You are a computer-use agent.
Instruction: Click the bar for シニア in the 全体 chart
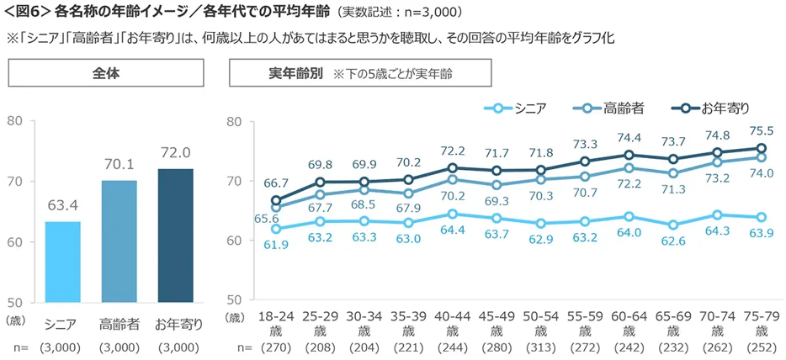pyautogui.click(x=62, y=261)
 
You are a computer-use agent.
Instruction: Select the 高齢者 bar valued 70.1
pyautogui.click(x=119, y=241)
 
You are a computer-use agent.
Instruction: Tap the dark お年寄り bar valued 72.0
pyautogui.click(x=175, y=235)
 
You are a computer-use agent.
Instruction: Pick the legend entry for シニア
pyautogui.click(x=516, y=108)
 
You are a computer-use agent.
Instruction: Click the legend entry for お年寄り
pyautogui.click(x=711, y=108)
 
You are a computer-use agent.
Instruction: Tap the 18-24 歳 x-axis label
pyautogui.click(x=276, y=324)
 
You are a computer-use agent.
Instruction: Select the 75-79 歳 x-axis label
pyautogui.click(x=762, y=324)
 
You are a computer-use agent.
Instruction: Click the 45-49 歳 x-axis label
pyautogui.click(x=497, y=324)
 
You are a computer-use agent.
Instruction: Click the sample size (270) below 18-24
pyautogui.click(x=276, y=347)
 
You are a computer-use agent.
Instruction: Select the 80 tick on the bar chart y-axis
pyautogui.click(x=17, y=120)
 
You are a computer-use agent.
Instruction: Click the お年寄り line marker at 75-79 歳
pyautogui.click(x=761, y=148)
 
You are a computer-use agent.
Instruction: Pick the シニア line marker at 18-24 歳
pyautogui.click(x=276, y=228)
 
